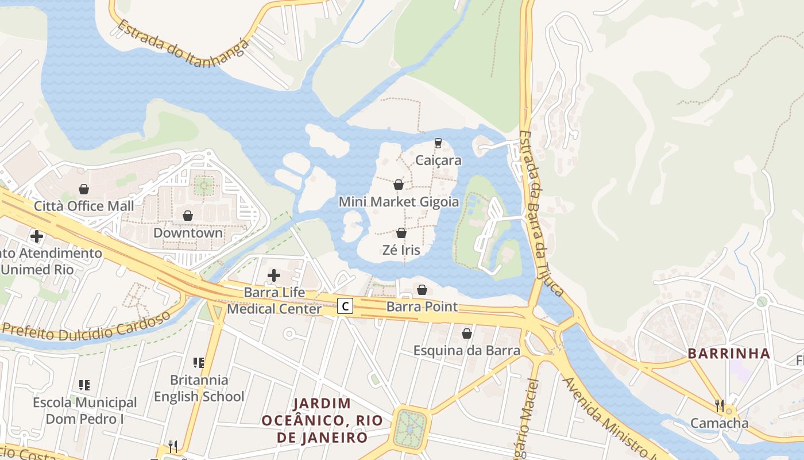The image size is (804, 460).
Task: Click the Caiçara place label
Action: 438,160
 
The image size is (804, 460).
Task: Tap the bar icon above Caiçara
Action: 438,143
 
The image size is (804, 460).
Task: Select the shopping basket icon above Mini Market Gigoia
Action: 398,185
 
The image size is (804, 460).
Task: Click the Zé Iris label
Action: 401,250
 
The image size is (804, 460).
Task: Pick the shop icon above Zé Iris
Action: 401,233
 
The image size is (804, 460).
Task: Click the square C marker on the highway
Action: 345,306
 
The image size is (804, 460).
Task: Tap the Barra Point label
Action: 422,306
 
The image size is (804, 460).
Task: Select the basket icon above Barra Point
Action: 422,290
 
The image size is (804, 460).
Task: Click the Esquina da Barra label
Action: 467,350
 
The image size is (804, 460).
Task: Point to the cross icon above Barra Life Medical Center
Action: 274,275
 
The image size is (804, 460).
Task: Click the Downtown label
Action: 188,233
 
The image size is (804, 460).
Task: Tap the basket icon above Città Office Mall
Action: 84,189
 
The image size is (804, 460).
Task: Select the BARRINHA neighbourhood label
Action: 729,354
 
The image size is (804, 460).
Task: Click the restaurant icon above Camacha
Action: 720,405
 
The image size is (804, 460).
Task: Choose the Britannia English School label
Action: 199,388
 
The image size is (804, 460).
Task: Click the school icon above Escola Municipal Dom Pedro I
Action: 84,385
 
